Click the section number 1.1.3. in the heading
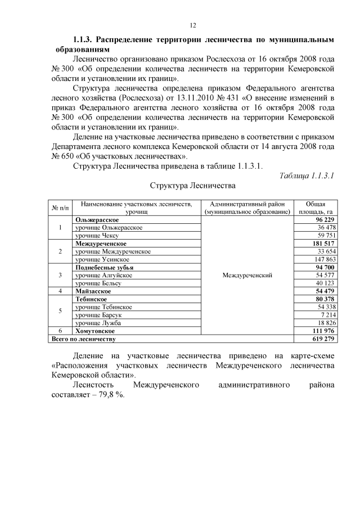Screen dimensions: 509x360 (x=84, y=40)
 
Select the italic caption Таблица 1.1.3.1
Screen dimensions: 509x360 (x=307, y=175)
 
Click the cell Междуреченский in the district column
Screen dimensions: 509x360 (x=247, y=276)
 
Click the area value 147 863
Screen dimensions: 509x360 (x=323, y=259)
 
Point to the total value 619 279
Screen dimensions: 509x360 (x=323, y=339)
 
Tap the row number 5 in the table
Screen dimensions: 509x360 (x=60, y=312)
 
